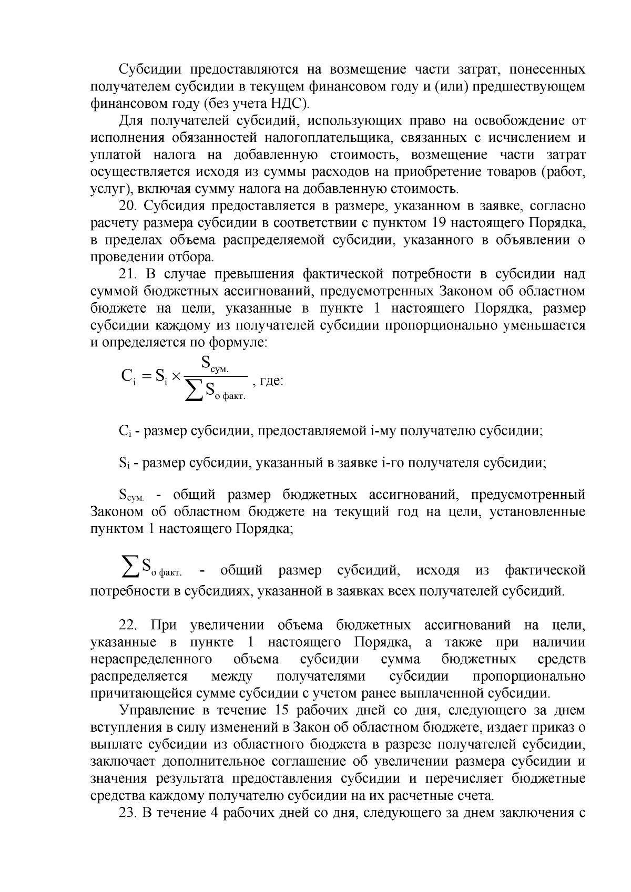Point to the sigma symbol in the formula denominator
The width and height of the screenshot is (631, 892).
click(194, 391)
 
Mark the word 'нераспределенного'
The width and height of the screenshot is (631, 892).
click(151, 660)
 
